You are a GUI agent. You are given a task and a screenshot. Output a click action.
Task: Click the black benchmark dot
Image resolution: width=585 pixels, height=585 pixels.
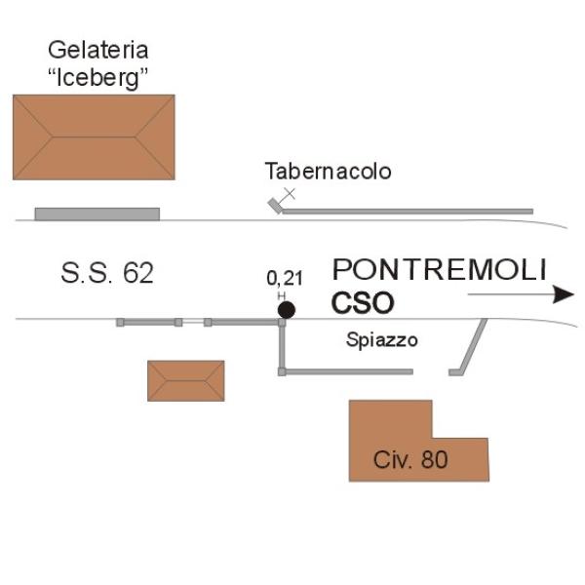pos(287,310)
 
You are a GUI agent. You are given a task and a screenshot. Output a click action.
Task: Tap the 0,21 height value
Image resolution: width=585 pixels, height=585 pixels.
pos(285,279)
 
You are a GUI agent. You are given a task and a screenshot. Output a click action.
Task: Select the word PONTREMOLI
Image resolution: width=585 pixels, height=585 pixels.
pos(439,269)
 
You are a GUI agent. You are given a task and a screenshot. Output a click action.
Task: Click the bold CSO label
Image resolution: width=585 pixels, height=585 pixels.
pos(363,303)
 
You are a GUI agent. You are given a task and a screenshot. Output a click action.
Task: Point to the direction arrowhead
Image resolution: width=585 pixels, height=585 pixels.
pos(564,294)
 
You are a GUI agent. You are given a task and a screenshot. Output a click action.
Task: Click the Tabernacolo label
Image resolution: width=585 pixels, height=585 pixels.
pos(328,172)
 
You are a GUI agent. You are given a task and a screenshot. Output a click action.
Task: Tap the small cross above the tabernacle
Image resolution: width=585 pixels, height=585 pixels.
pos(290,194)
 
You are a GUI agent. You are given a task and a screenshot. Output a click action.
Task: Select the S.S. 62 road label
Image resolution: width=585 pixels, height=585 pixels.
pos(107,273)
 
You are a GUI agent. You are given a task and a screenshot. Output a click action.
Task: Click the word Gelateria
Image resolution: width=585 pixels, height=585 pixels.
pos(98,50)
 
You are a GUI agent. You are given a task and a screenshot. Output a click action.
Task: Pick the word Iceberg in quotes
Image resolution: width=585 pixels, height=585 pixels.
pos(98,78)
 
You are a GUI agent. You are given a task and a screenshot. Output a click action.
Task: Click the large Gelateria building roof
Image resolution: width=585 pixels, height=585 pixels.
pos(94,137)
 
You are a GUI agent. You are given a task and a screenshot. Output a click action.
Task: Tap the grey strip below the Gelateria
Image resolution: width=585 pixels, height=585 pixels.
pos(97,214)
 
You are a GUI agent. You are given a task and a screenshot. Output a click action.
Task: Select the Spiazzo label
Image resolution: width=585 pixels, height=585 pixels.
pos(381,340)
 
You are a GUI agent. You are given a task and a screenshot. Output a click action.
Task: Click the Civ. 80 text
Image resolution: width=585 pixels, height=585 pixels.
pos(410,459)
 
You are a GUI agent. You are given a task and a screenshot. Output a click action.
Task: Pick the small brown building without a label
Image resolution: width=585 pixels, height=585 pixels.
pos(186,381)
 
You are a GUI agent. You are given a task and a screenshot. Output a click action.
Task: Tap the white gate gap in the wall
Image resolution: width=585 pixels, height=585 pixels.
pos(193,322)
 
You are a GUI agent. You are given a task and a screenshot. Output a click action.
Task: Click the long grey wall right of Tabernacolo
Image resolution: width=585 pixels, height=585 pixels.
pos(408,212)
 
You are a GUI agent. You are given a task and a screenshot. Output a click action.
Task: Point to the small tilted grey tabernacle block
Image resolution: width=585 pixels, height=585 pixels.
pos(275,206)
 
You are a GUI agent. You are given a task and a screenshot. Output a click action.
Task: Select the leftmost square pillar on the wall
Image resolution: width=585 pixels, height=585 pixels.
pos(120,323)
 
